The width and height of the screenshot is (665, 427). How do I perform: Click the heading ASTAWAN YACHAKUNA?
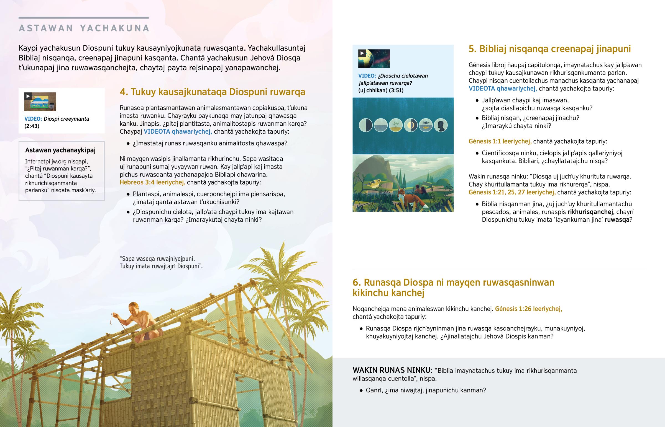pos(84,28)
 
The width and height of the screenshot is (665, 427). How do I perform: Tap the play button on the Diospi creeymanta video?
pos(28,96)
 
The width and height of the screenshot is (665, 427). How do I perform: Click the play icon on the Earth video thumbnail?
pos(362,53)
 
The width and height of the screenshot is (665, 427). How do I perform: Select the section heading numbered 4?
pos(212,92)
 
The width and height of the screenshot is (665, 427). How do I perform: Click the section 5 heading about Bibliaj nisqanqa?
pos(549,49)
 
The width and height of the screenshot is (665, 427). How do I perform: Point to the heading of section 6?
pos(453,287)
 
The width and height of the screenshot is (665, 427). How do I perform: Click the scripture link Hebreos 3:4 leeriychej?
pos(152,182)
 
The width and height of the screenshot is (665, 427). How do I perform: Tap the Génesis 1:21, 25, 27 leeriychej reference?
pos(512,192)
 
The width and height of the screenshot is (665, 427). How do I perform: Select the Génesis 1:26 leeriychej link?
pos(528,309)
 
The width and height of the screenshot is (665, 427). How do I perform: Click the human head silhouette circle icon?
pos(441,125)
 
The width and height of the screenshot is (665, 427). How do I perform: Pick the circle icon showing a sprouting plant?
pos(396,125)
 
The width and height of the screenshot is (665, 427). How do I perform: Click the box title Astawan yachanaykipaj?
pos(60,150)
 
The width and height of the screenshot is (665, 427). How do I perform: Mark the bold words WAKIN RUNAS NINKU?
pos(392,370)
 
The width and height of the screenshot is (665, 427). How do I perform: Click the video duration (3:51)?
pos(396,90)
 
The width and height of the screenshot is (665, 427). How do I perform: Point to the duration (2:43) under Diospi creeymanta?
pos(32,126)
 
